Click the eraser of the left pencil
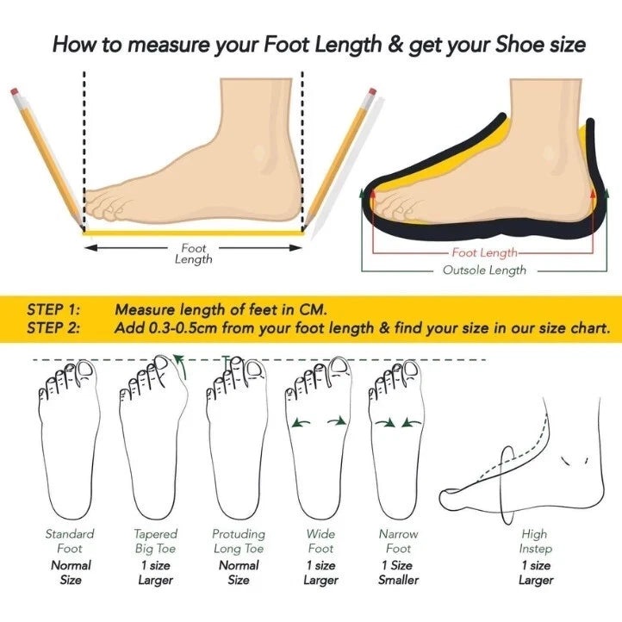(15, 92)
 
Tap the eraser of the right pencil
(372, 92)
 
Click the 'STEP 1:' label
(53, 310)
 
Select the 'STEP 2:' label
(53, 328)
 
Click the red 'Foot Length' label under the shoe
(484, 252)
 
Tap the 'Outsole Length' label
(484, 271)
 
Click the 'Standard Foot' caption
(70, 541)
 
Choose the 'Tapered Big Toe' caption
(155, 542)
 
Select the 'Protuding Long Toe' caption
(239, 542)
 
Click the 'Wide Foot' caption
(320, 541)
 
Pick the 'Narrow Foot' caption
(398, 541)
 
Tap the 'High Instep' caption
(535, 542)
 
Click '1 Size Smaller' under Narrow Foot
(398, 572)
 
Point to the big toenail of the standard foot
(85, 369)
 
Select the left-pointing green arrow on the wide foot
(301, 423)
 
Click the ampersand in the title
(395, 44)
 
